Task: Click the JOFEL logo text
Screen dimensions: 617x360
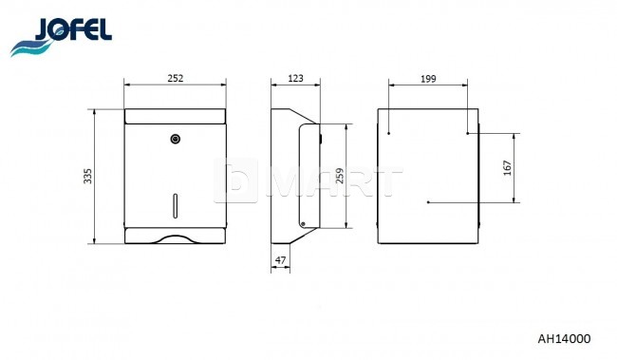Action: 73,29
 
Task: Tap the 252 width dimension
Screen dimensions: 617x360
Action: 176,78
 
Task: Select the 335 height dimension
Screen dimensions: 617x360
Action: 87,176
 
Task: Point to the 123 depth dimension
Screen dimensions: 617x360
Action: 295,78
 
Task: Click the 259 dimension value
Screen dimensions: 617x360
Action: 340,176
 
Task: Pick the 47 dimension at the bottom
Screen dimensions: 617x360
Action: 280,260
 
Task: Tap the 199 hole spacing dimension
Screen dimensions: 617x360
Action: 428,79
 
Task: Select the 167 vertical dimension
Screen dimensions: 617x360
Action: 507,168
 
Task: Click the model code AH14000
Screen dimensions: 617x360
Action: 564,339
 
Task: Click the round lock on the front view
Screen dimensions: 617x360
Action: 176,139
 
